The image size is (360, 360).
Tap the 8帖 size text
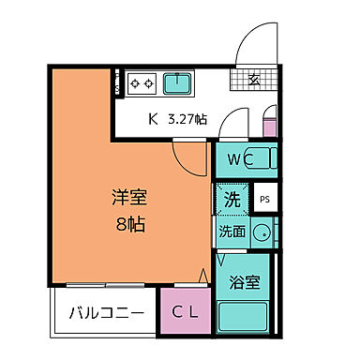pos(129,225)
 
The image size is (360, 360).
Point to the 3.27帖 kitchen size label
pos(187,120)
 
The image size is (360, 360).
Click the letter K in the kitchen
pos(153,120)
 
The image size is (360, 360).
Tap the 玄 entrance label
pos(254,80)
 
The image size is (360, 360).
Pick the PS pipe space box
pos(264,200)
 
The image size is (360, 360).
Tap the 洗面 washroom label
pos(232,232)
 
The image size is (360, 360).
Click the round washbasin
pos(262,233)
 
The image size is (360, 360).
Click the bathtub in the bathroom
pos(246,316)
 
